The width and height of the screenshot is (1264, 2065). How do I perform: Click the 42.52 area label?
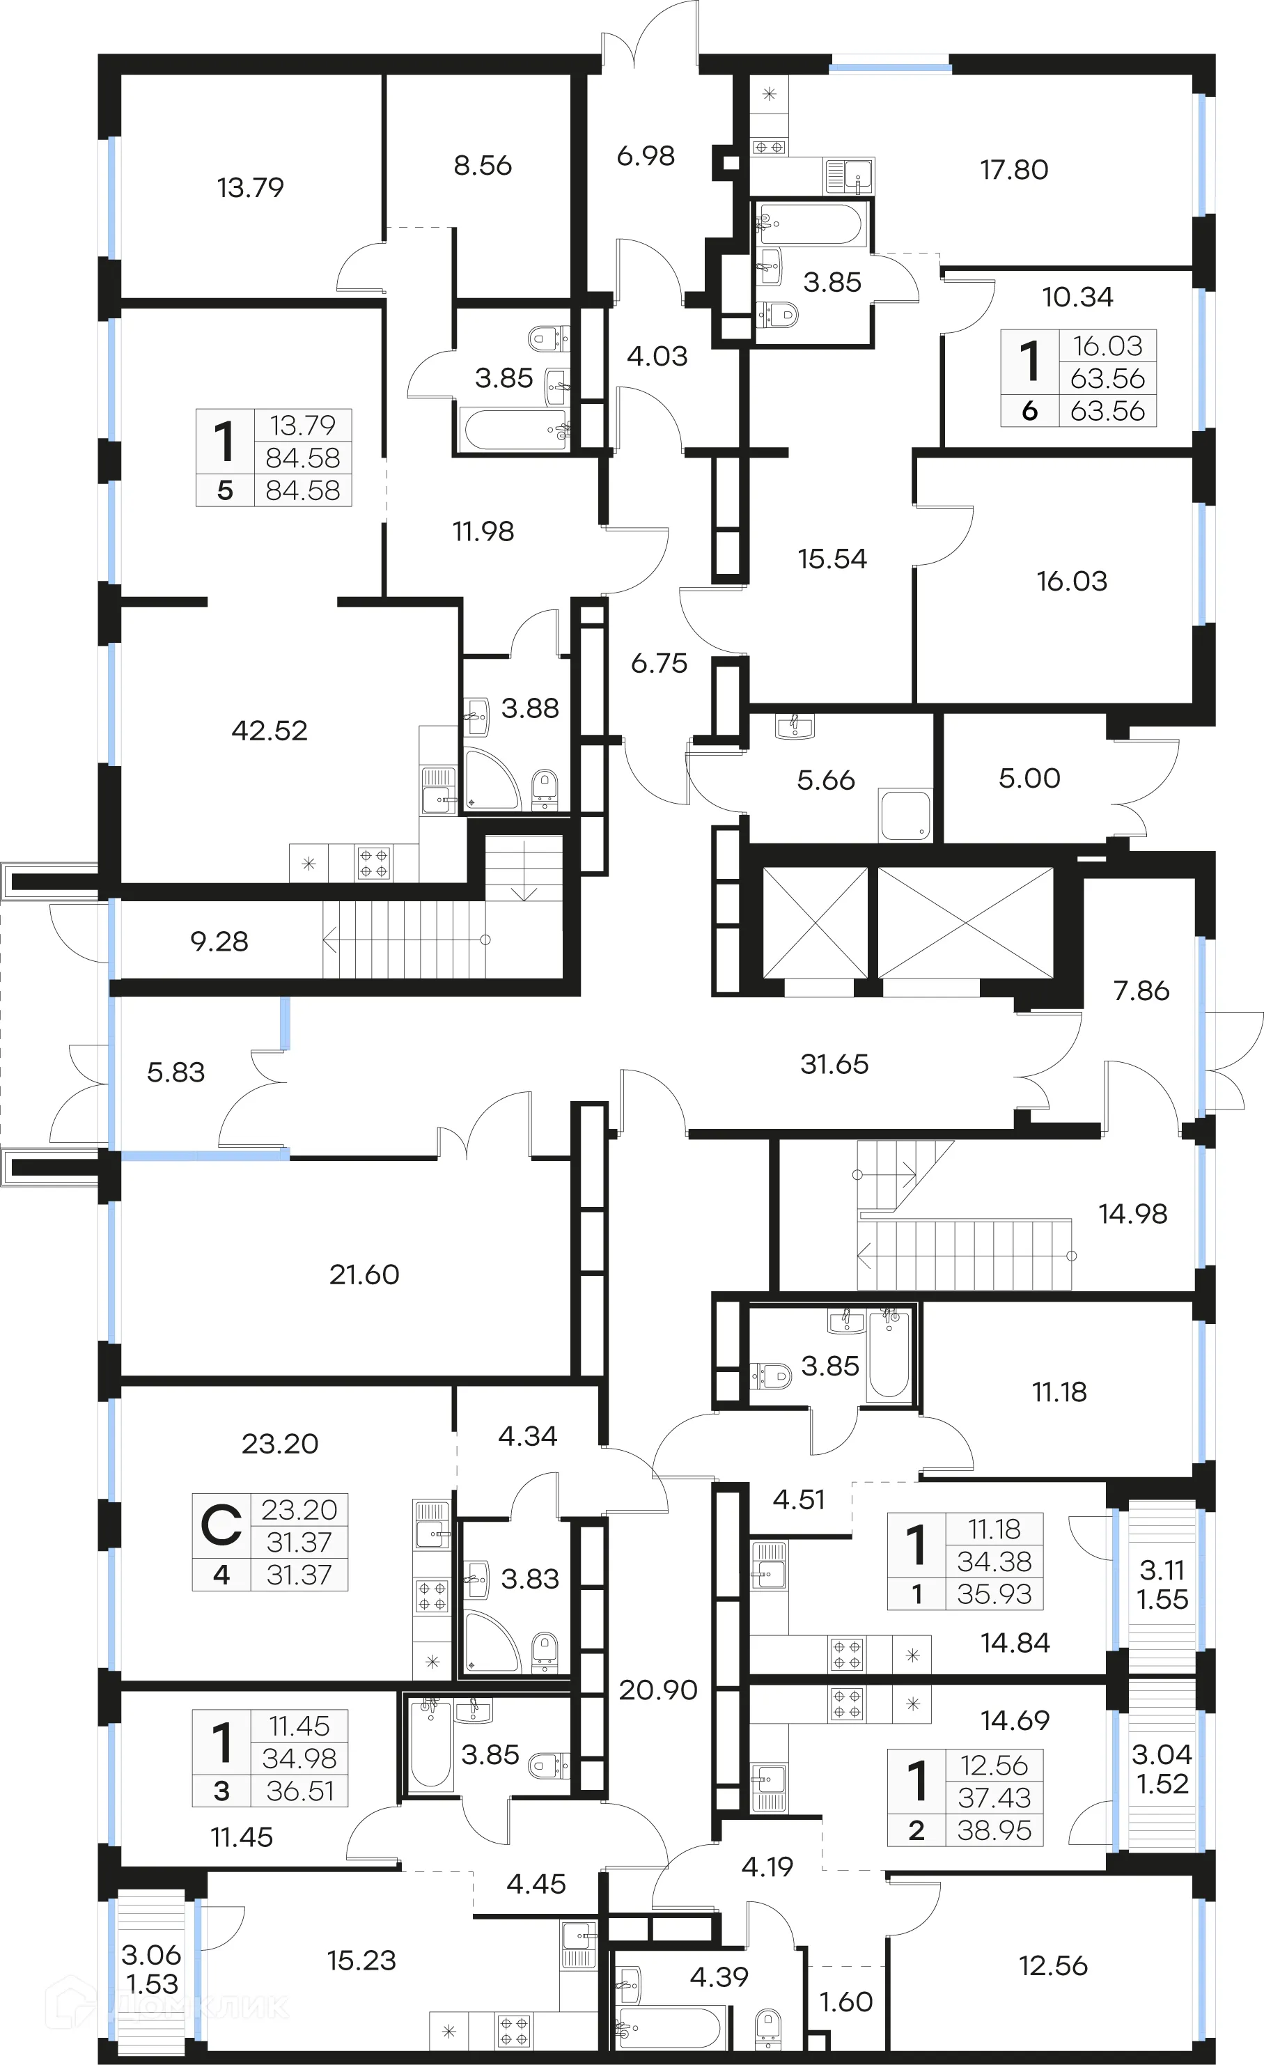[269, 731]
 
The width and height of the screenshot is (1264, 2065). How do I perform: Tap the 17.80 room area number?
[1014, 170]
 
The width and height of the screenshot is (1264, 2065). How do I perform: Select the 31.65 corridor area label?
[834, 1064]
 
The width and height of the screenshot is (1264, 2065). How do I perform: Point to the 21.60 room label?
[364, 1275]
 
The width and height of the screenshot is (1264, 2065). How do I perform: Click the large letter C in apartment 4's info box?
[221, 1526]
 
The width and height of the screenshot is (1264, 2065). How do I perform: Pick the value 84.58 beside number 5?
[302, 490]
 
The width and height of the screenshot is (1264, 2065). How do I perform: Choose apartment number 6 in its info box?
[1029, 412]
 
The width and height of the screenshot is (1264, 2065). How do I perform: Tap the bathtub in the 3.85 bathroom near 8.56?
[513, 429]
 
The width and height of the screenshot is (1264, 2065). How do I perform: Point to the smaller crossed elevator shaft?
[815, 922]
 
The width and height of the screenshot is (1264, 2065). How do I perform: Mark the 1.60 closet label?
[845, 2002]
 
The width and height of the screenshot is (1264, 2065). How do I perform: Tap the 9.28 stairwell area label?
[219, 942]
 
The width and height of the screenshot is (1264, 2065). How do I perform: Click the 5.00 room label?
[1029, 779]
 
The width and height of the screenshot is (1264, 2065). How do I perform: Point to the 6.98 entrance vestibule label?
[646, 156]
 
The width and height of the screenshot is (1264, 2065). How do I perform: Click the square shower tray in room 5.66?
[905, 816]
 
